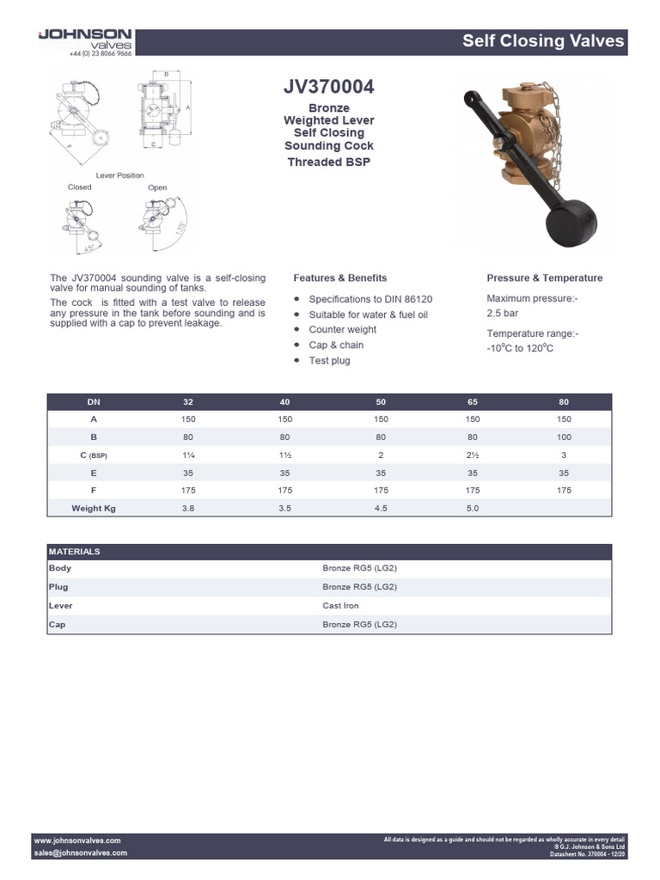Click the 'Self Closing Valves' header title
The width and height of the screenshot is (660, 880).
click(543, 41)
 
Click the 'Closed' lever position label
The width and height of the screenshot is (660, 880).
click(79, 186)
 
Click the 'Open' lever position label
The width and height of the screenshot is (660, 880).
click(157, 186)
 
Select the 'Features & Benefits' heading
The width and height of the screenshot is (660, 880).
click(339, 278)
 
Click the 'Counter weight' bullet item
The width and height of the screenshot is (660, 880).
click(342, 329)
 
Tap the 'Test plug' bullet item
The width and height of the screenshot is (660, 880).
click(329, 360)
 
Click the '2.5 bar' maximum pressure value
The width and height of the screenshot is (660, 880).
click(503, 314)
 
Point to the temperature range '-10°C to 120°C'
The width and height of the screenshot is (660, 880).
click(520, 348)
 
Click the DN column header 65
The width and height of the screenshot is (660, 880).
click(472, 401)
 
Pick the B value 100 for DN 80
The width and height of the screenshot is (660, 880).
click(564, 437)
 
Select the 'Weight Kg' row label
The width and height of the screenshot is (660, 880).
click(94, 508)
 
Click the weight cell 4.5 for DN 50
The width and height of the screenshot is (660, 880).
click(380, 508)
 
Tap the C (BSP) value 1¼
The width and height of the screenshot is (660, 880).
click(188, 455)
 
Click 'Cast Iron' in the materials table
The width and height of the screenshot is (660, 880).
click(340, 606)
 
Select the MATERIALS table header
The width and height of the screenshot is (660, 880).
click(75, 552)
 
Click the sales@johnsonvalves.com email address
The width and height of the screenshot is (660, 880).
click(81, 852)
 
